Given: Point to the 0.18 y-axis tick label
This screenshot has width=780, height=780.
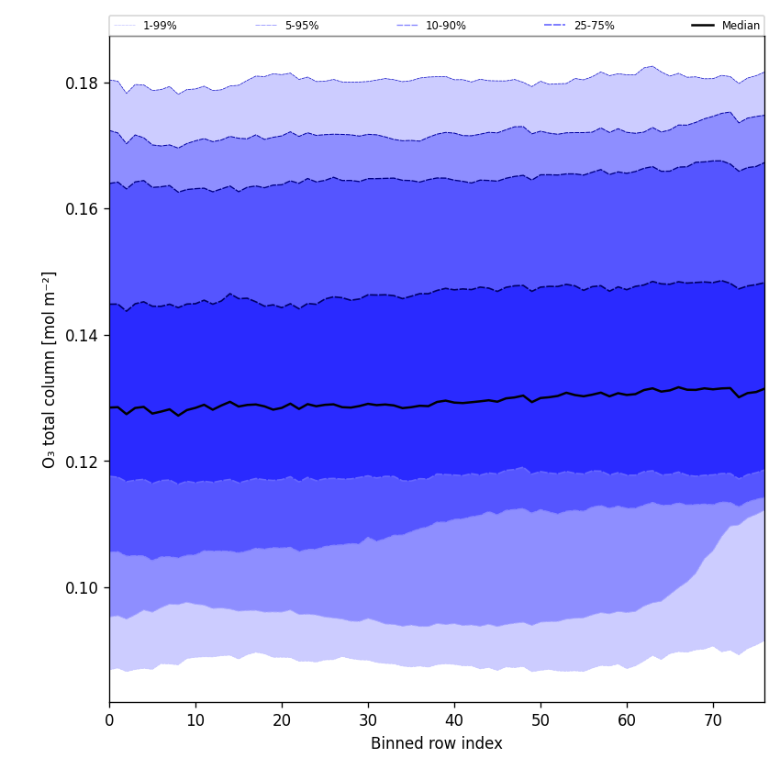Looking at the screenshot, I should click(x=82, y=84).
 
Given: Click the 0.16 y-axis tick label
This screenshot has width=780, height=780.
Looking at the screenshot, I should click(x=82, y=209).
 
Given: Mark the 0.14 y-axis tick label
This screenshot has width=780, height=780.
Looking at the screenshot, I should click(x=82, y=336).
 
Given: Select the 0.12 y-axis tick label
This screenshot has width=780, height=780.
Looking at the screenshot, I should click(x=82, y=462).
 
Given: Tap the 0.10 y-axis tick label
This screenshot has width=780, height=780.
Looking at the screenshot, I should click(x=82, y=588).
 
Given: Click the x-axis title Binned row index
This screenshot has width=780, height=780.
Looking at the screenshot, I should click(x=437, y=743).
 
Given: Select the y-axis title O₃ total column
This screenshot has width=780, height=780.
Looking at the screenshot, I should click(x=50, y=369).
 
